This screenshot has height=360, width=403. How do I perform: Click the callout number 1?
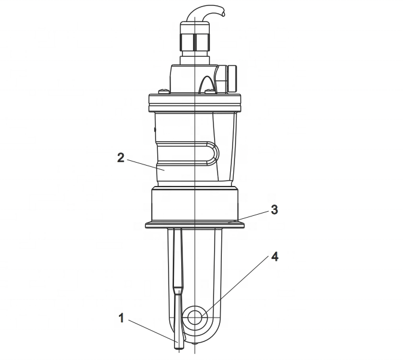pyautogui.click(x=121, y=318)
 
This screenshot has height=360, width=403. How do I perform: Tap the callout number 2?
pyautogui.click(x=121, y=158)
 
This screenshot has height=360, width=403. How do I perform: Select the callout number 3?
pyautogui.click(x=274, y=210)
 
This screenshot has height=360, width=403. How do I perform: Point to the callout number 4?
pyautogui.click(x=275, y=257)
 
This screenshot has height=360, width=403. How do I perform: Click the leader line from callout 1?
pyautogui.click(x=153, y=331)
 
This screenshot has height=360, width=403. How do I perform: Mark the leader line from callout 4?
pyautogui.click(x=236, y=288)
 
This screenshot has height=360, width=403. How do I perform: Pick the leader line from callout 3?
pyautogui.click(x=249, y=216)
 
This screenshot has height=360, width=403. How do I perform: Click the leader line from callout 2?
pyautogui.click(x=145, y=164)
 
